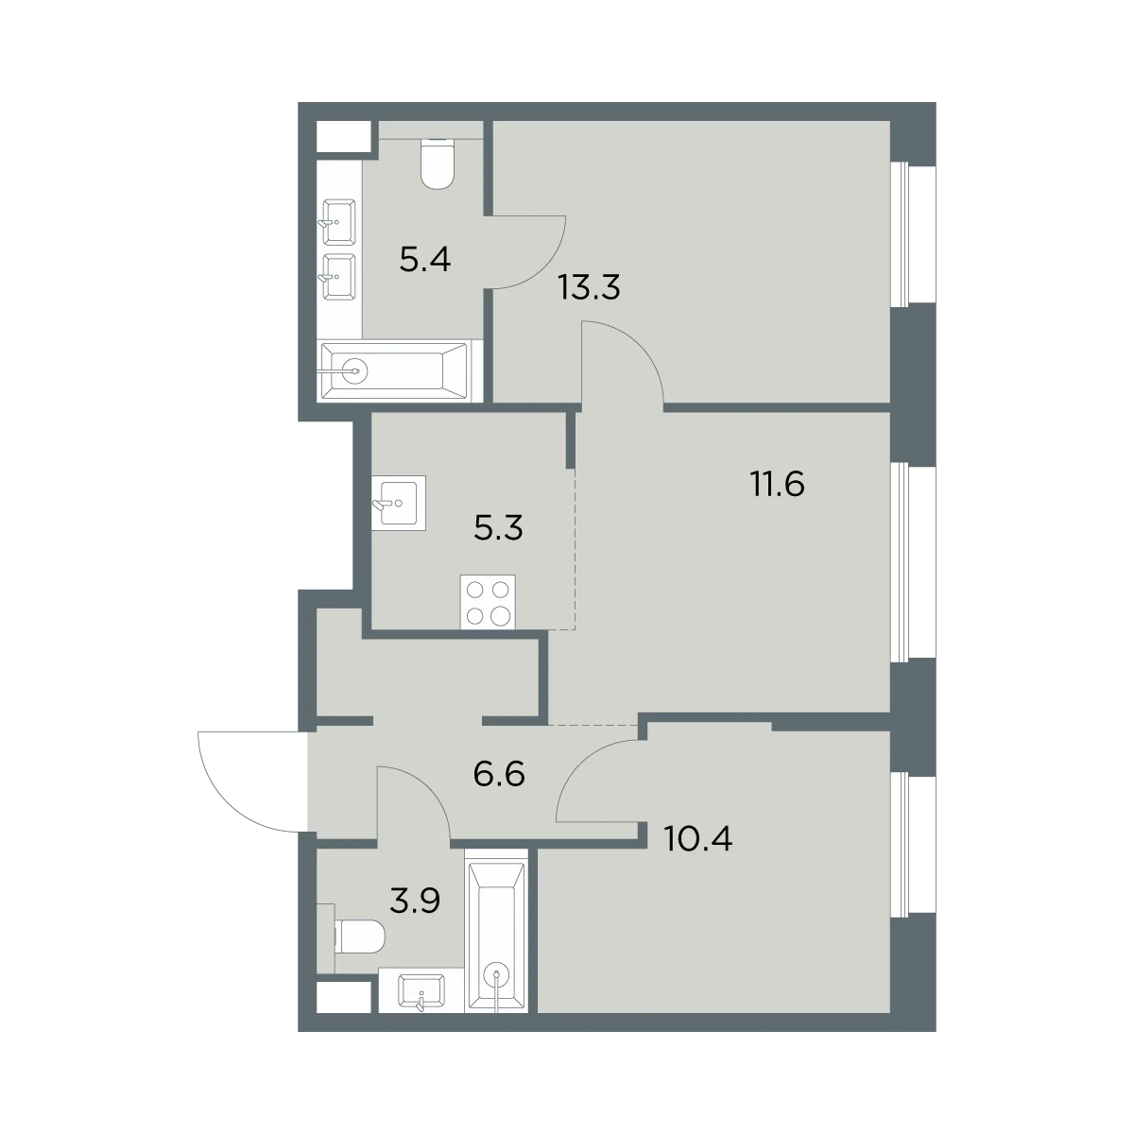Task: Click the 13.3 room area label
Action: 589,288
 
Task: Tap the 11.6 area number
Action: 778,486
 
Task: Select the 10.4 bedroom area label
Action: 698,839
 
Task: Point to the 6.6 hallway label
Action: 499,775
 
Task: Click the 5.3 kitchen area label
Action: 498,528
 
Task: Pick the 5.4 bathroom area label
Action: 425,260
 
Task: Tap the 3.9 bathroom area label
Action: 415,901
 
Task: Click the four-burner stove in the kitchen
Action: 488,602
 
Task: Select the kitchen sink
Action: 399,502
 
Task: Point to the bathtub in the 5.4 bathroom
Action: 394,370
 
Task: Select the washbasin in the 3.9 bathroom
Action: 421,991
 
